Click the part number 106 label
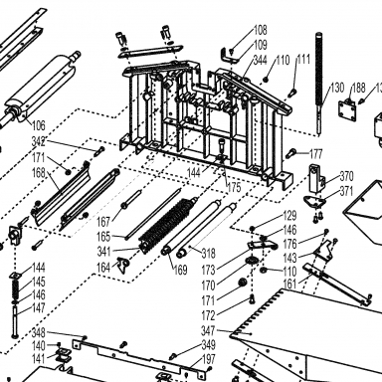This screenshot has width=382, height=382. click(x=38, y=125)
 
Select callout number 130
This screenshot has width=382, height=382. click(x=337, y=88)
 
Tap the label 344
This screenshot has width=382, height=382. click(x=261, y=60)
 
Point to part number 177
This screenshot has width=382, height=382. click(x=315, y=154)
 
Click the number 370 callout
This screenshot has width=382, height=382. click(x=346, y=176)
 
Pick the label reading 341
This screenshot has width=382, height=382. click(x=103, y=252)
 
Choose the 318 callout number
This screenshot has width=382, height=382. click(x=209, y=254)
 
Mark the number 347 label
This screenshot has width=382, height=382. click(x=208, y=330)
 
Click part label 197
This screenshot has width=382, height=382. click(x=209, y=359)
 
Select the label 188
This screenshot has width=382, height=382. click(x=358, y=88)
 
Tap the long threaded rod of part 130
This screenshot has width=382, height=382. click(x=319, y=83)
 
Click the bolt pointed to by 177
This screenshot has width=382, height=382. click(x=290, y=153)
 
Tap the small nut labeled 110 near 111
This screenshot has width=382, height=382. click(x=266, y=80)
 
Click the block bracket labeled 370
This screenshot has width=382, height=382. click(x=316, y=178)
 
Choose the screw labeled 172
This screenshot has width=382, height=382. click(x=253, y=299)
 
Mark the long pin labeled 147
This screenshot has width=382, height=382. click(x=15, y=321)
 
